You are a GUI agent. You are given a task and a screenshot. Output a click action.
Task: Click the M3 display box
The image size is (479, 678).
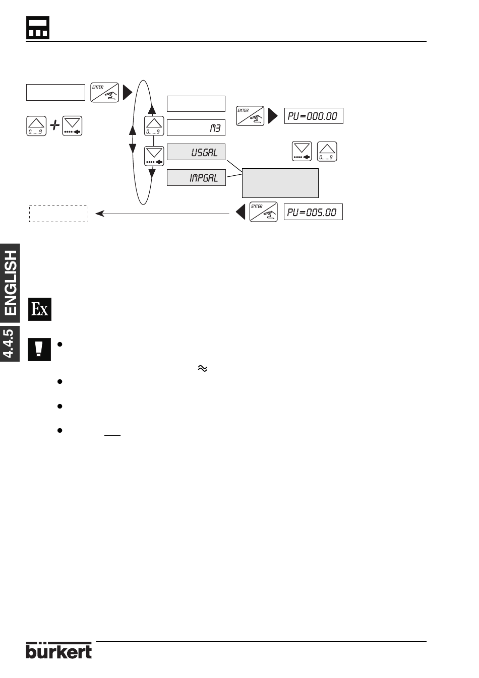click(196, 128)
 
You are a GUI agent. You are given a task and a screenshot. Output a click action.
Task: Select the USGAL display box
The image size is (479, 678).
click(196, 152)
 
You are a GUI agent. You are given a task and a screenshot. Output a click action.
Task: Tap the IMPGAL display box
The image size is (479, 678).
click(196, 177)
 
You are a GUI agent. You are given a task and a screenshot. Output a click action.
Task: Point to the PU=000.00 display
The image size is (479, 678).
click(314, 116)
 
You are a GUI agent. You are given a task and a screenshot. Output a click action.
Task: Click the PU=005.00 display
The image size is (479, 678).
click(313, 212)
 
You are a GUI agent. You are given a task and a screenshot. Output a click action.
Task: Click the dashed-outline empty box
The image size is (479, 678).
click(59, 214)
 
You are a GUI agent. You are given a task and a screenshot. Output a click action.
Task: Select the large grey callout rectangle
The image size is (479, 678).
click(280, 183)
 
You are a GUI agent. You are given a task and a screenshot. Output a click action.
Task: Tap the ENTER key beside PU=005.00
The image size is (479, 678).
click(264, 212)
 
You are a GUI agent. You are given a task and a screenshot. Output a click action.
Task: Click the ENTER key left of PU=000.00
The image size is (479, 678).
click(250, 116)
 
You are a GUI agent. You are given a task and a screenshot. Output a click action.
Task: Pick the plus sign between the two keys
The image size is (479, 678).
click(54, 125)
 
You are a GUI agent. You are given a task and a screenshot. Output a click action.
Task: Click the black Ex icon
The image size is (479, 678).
click(40, 309)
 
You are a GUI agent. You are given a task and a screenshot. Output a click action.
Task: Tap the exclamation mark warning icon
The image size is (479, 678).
click(39, 349)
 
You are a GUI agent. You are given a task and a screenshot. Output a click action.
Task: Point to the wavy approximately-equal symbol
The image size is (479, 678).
click(202, 368)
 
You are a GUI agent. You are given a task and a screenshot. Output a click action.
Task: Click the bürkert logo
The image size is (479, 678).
click(59, 650)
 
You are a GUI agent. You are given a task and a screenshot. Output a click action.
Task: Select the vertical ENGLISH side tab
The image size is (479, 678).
click(10, 283)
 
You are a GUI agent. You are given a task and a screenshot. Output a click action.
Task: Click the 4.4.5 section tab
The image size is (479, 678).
click(10, 344)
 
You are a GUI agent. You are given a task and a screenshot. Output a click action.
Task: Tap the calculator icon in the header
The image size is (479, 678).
click(38, 28)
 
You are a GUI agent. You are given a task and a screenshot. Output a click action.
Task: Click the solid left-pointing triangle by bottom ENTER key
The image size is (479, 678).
click(241, 212)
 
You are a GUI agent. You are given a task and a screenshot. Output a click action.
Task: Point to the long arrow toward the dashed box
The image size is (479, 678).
click(162, 214)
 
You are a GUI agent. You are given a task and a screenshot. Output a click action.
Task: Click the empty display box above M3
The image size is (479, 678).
click(196, 104)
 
